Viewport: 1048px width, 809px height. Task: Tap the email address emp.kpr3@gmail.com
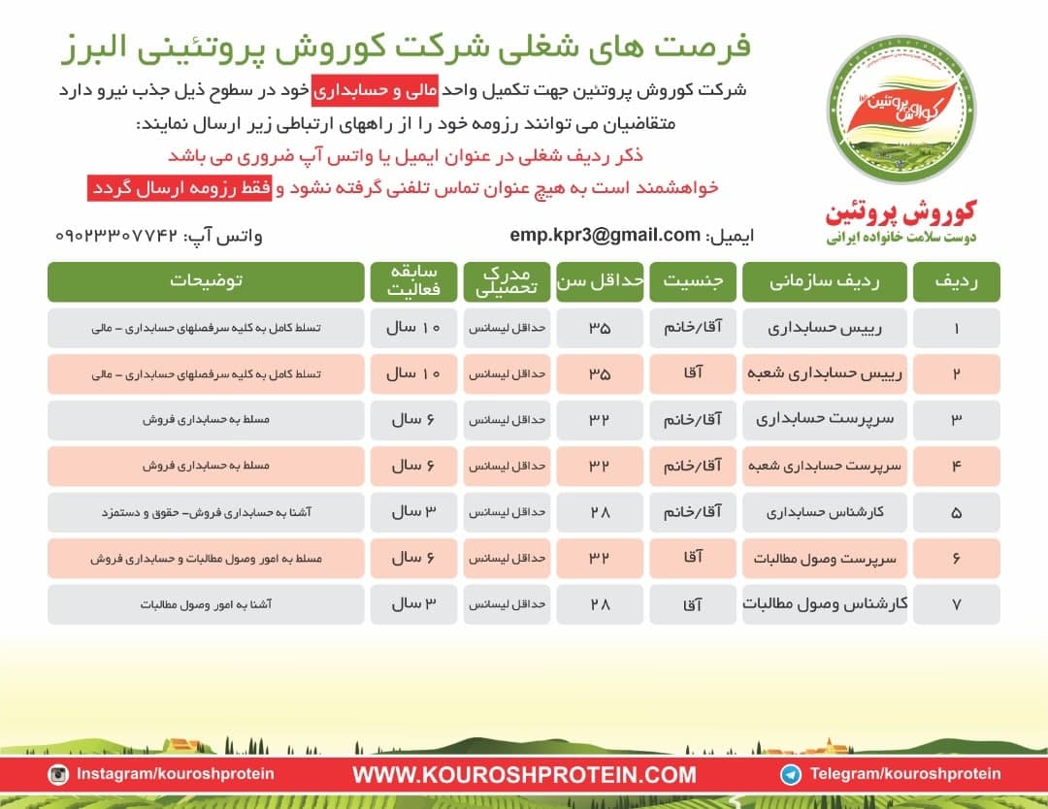[x=605, y=235]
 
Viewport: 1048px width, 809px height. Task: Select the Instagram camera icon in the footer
[x=59, y=773]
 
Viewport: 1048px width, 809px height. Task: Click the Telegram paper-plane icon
[x=792, y=773]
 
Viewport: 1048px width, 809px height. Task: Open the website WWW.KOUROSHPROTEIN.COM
[x=524, y=774]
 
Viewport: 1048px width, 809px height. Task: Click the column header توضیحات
[x=206, y=281]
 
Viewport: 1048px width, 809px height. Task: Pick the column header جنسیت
[x=692, y=281]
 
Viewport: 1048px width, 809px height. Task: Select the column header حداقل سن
[x=599, y=281]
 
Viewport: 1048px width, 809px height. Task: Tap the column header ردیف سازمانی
[x=825, y=281]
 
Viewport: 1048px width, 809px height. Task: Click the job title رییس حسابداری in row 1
[x=825, y=328]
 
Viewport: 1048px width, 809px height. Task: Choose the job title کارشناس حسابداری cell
[x=825, y=511]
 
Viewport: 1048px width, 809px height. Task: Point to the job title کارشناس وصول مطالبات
[x=825, y=603]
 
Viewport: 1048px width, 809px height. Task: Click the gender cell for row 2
[x=692, y=373]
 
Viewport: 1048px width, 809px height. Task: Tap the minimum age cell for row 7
[x=599, y=603]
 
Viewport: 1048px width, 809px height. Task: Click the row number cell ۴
[x=956, y=466]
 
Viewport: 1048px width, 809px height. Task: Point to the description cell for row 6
[x=206, y=558]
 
